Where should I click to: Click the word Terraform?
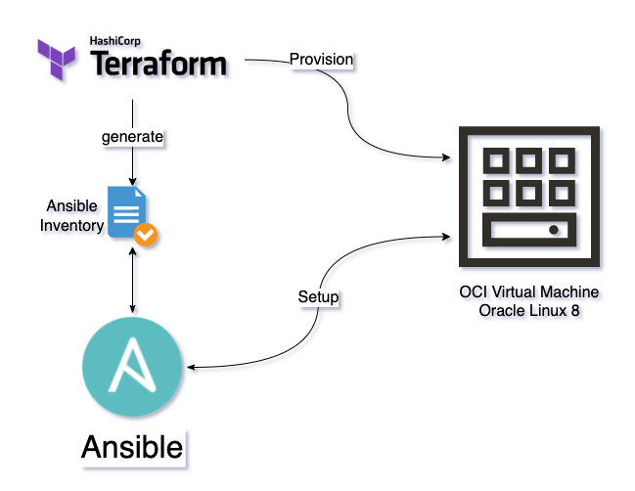tap(159, 66)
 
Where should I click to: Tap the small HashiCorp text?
tap(116, 41)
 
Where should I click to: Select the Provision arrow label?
tap(321, 60)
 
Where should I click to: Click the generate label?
tap(132, 137)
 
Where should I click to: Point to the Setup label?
tap(318, 296)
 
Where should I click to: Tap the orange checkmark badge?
tap(147, 235)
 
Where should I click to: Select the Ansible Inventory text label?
tap(71, 216)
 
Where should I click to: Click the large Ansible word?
tap(132, 447)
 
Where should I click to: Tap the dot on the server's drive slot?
tap(555, 231)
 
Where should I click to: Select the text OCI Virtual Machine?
tap(529, 292)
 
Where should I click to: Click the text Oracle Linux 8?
tap(529, 310)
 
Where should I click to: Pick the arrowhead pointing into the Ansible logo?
tap(190, 368)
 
